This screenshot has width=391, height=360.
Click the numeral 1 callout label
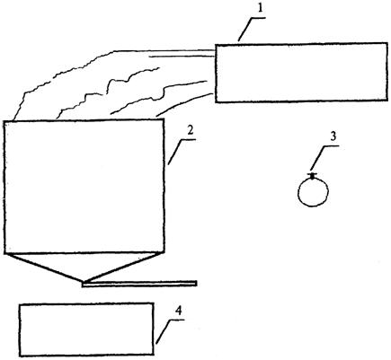pyautogui.click(x=261, y=8)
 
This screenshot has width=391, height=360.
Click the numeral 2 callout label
pyautogui.click(x=191, y=131)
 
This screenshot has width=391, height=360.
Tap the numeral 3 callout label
pyautogui.click(x=333, y=136)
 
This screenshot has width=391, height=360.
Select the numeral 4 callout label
pyautogui.click(x=179, y=312)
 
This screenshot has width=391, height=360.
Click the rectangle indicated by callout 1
pyautogui.click(x=301, y=73)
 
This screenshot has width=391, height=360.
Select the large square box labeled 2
pyautogui.click(x=84, y=187)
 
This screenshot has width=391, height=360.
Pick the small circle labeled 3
pyautogui.click(x=313, y=192)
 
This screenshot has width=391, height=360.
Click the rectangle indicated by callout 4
pyautogui.click(x=86, y=329)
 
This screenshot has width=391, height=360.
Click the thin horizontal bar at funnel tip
pyautogui.click(x=139, y=284)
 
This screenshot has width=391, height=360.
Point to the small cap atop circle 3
pyautogui.click(x=312, y=176)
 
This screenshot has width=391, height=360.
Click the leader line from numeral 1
pyautogui.click(x=252, y=29)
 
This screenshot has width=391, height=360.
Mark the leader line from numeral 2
pyautogui.click(x=182, y=152)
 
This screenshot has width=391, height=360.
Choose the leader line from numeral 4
pyautogui.click(x=170, y=331)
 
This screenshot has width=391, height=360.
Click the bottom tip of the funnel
pyautogui.click(x=84, y=282)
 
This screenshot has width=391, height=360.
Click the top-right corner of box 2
pyautogui.click(x=164, y=119)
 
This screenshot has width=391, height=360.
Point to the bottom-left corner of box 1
pyautogui.click(x=216, y=101)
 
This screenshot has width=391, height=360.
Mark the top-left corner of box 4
pyautogui.click(x=20, y=304)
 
